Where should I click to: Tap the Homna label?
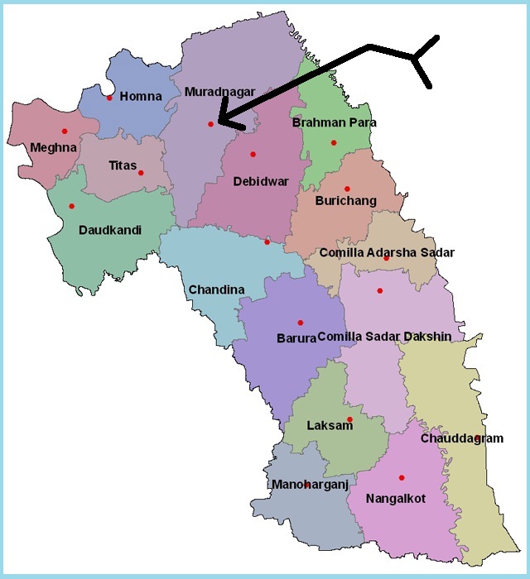click(x=141, y=97)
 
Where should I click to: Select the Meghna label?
click(x=53, y=148)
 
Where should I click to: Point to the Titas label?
click(x=123, y=165)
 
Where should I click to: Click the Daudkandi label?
click(x=110, y=230)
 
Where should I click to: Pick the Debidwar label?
click(x=261, y=181)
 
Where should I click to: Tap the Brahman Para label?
click(x=335, y=122)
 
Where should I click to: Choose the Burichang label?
click(x=346, y=201)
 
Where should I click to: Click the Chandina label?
click(x=216, y=289)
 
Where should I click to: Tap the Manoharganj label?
click(x=310, y=485)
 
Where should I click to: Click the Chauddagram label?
click(x=461, y=438)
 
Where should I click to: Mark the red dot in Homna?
click(x=109, y=98)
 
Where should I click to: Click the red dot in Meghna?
click(x=64, y=131)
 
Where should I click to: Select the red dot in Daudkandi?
click(x=71, y=206)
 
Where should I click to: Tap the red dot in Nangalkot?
click(x=402, y=477)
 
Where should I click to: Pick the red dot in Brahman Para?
click(x=334, y=142)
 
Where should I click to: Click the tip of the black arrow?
click(x=219, y=126)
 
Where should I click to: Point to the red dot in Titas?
click(x=141, y=173)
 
